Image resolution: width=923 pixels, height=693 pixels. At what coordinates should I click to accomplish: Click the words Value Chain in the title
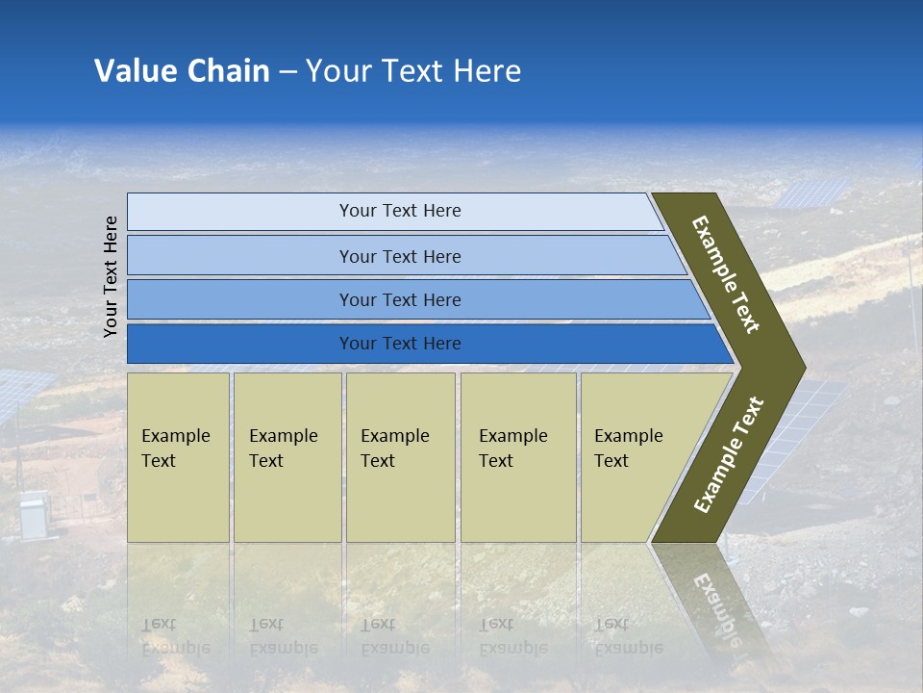click(182, 71)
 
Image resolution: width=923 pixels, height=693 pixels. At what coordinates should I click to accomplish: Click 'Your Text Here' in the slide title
click(413, 71)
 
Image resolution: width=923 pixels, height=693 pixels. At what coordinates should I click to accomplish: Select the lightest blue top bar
click(399, 211)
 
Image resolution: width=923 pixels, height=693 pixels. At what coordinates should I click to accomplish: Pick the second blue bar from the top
click(399, 256)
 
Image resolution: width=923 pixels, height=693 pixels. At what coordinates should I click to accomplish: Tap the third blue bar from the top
click(399, 299)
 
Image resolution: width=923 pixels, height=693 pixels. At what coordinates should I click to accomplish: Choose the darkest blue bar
click(399, 344)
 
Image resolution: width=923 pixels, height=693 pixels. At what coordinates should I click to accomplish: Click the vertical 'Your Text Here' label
click(111, 276)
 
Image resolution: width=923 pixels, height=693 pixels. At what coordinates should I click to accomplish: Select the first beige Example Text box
click(178, 457)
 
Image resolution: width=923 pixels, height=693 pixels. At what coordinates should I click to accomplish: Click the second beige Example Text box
click(287, 457)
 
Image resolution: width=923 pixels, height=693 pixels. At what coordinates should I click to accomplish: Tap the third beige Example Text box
click(400, 457)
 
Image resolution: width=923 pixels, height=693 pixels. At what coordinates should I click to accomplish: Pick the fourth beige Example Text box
click(517, 457)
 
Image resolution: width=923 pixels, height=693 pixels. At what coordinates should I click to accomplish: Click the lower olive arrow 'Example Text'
click(729, 454)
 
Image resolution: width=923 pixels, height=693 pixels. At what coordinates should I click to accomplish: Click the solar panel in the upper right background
click(812, 192)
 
